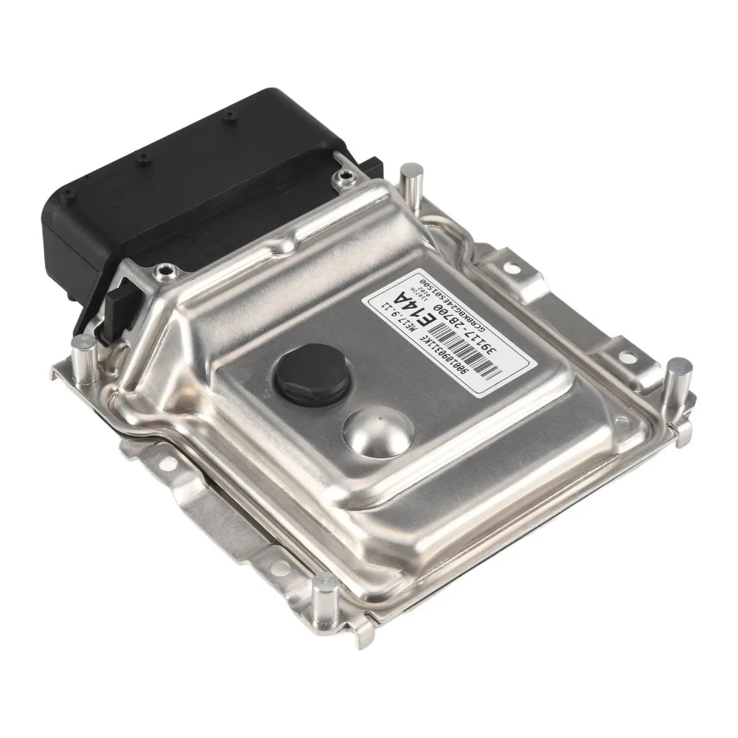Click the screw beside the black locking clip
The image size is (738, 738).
tap(156, 276)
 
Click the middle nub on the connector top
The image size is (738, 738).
tap(142, 158)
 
